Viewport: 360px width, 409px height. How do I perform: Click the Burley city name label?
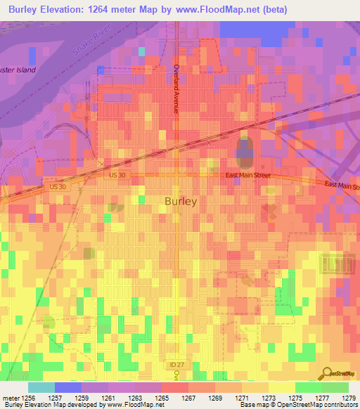click(181, 200)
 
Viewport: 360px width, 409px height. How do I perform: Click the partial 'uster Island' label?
click(18, 70)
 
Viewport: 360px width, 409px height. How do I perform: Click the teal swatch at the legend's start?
click(41, 387)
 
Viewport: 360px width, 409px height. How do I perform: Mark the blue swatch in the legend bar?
click(67, 387)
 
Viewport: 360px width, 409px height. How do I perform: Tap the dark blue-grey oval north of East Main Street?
click(244, 150)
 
